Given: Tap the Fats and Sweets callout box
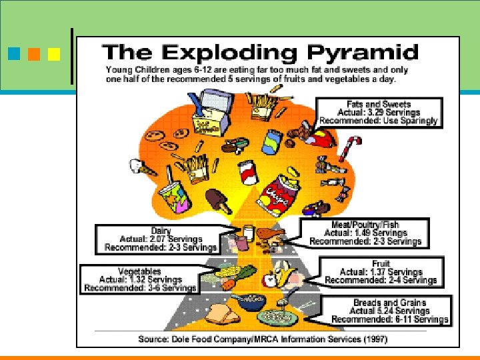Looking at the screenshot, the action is point(378,113).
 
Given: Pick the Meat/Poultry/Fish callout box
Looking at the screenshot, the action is point(364,233).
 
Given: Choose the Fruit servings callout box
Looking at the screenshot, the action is point(381,272).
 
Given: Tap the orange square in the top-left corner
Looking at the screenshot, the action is point(33,52).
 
